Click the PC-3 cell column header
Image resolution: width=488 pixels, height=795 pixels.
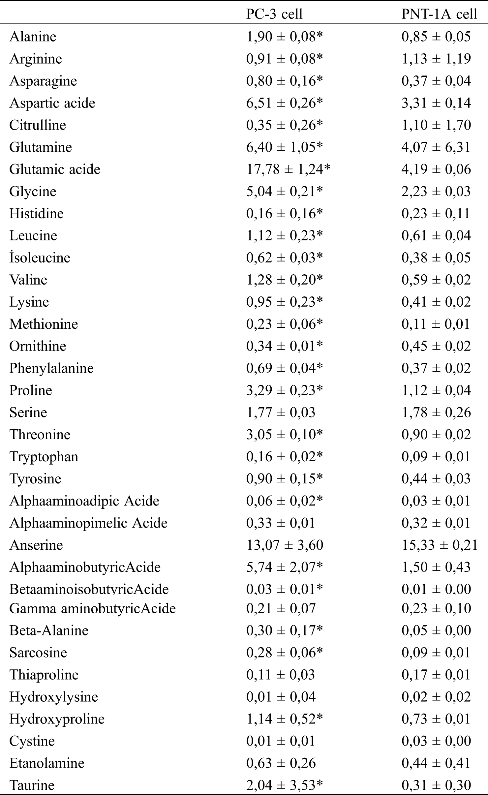[274, 14]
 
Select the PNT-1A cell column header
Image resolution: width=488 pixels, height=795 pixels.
[439, 14]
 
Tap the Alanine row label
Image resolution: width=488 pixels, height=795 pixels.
[33, 37]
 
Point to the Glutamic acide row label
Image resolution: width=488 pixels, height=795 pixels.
[55, 169]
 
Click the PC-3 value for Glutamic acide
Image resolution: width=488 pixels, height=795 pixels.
[288, 169]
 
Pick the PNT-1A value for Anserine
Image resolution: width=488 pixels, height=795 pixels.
[440, 545]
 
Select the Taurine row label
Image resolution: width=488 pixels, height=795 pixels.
[32, 785]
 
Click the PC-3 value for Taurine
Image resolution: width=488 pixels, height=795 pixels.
[284, 785]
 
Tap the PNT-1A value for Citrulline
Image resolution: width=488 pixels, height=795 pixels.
[436, 125]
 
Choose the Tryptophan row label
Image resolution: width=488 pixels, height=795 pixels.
[44, 457]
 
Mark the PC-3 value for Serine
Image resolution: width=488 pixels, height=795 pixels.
[281, 413]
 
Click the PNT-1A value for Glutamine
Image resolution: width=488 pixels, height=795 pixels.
[436, 147]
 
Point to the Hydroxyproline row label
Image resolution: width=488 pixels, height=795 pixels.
[57, 719]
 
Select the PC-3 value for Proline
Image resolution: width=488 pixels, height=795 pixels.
[284, 390]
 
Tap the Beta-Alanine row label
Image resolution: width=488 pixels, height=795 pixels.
[49, 630]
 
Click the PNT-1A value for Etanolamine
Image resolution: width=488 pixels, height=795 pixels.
[436, 763]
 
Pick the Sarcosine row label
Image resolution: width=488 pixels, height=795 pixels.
[38, 653]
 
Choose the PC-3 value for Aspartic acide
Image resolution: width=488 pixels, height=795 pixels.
[284, 103]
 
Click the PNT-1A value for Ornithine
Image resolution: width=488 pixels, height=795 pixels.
[436, 346]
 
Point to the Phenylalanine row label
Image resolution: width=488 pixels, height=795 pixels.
[51, 368]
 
